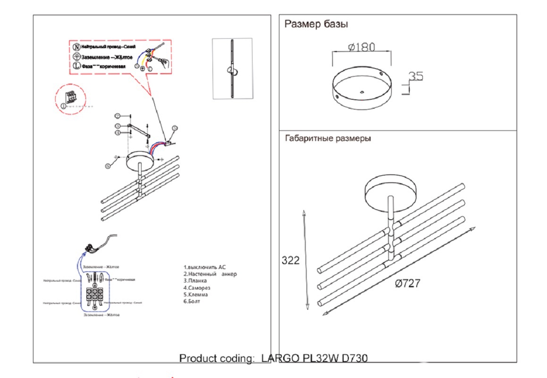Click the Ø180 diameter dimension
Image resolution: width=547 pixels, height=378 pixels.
coord(362,47)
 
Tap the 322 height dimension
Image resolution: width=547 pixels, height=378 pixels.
coord(290,260)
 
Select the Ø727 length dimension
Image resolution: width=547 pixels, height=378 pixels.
coord(407,283)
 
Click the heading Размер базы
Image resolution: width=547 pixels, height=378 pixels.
coord(316,24)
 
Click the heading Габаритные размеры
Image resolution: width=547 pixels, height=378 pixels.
coord(328,139)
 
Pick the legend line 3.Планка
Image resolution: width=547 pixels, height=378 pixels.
coord(195,281)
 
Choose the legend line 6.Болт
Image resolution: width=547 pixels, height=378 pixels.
coord(192,301)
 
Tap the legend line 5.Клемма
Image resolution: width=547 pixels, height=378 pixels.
coord(196,294)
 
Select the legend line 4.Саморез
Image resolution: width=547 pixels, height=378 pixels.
coord(197,288)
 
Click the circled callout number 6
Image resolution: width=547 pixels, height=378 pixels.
coord(108,165)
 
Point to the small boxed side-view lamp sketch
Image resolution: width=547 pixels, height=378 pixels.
coord(232,69)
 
